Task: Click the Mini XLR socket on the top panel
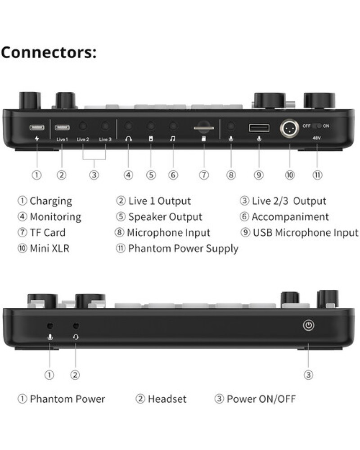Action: click(289, 128)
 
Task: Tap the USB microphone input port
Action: click(259, 128)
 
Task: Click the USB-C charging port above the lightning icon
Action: click(37, 127)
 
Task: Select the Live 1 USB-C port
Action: click(62, 127)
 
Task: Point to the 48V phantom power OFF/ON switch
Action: click(317, 126)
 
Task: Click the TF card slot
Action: click(204, 127)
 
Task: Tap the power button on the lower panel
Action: click(309, 325)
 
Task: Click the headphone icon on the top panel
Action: click(128, 139)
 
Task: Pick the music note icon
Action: click(172, 139)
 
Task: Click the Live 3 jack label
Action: click(105, 139)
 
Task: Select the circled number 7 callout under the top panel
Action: click(204, 175)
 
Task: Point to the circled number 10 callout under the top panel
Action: click(290, 175)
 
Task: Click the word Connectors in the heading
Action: click(49, 52)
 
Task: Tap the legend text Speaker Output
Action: click(165, 217)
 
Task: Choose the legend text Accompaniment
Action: click(290, 217)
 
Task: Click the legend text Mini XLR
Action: click(49, 248)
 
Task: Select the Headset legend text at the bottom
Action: click(167, 399)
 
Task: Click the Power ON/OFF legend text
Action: click(261, 399)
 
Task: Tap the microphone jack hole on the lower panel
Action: click(50, 326)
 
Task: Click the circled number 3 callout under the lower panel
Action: click(309, 375)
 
